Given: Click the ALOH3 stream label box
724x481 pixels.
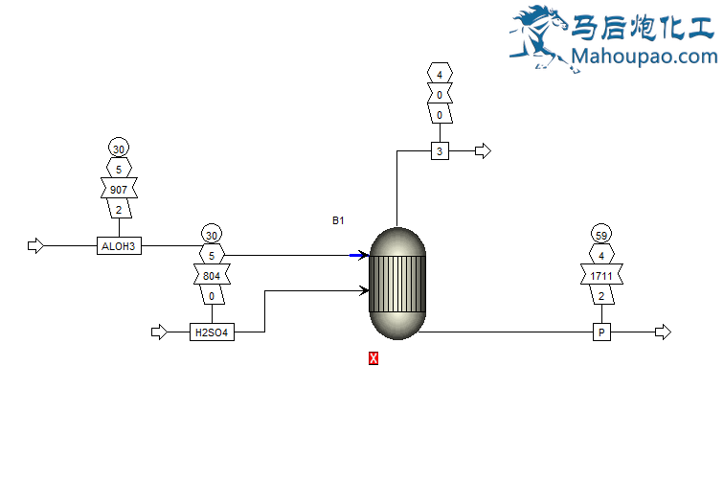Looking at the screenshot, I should click(x=120, y=246).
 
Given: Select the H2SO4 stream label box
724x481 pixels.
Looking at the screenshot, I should click(x=213, y=332).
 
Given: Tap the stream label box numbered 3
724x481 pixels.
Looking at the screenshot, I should click(x=440, y=151).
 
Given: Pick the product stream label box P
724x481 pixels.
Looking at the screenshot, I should click(x=601, y=332).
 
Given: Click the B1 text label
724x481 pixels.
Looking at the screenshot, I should click(x=338, y=221).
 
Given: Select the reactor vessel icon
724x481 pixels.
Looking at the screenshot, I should click(x=396, y=283).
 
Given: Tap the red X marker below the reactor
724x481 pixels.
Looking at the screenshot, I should click(x=373, y=358).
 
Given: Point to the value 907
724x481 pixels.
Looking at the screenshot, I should click(x=119, y=190).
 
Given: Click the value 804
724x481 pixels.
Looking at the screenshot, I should click(x=212, y=277).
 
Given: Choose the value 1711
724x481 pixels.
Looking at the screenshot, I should click(x=601, y=277).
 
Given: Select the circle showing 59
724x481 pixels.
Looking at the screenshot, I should click(x=601, y=236).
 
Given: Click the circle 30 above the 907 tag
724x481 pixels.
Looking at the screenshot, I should click(x=119, y=149).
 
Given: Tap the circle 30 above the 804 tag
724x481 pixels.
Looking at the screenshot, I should click(x=212, y=236).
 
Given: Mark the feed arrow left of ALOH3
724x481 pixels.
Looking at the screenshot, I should click(x=36, y=246).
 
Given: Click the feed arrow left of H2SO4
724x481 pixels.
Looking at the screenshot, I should click(x=159, y=332).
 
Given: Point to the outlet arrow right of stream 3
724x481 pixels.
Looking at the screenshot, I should click(x=483, y=151).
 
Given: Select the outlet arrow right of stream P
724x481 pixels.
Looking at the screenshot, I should click(x=663, y=332).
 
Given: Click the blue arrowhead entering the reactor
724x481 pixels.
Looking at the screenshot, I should click(x=362, y=255).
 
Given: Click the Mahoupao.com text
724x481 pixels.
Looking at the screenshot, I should click(x=643, y=57).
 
